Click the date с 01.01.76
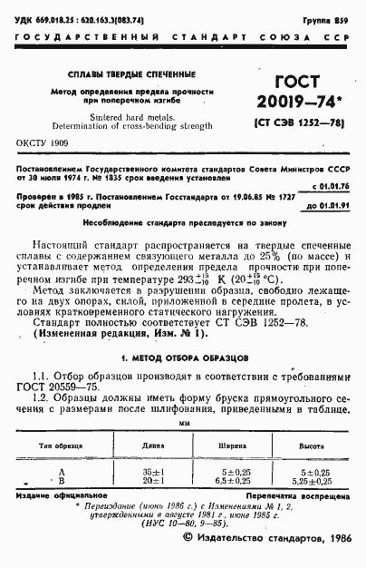click(x=330, y=185)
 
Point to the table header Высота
click(x=312, y=446)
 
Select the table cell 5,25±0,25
click(x=312, y=481)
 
